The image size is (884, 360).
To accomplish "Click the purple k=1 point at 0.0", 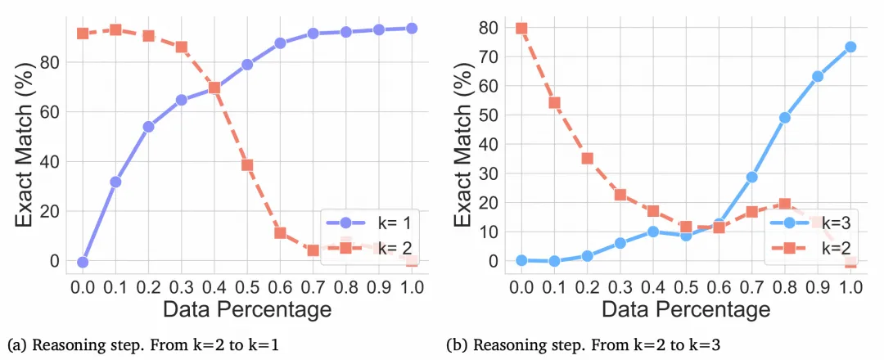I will [x=83, y=262].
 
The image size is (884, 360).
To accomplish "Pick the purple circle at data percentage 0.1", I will [x=115, y=182].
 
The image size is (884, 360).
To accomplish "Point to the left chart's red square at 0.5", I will [x=247, y=164].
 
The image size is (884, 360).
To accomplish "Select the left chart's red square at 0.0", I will [x=83, y=34].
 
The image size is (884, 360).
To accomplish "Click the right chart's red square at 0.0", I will [x=521, y=28].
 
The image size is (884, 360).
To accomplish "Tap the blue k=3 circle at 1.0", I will [x=850, y=47].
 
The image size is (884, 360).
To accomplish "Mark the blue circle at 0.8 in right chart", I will [x=784, y=117].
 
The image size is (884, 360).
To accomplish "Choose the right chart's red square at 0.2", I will [x=587, y=158].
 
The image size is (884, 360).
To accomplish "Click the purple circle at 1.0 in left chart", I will [x=412, y=28].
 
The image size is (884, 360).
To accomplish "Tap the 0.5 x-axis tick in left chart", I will [x=247, y=286].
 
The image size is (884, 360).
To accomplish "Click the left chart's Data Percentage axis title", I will [x=246, y=309].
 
